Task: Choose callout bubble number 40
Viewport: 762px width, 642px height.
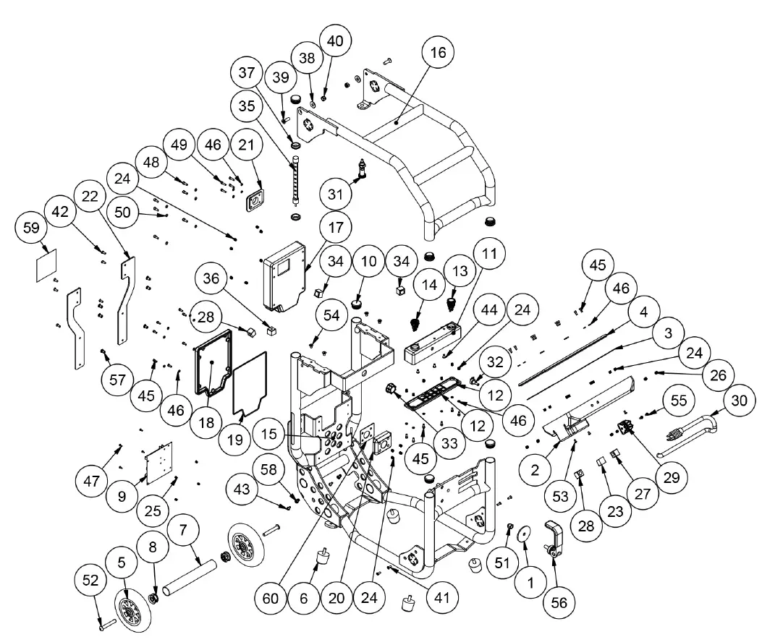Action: point(334,40)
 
